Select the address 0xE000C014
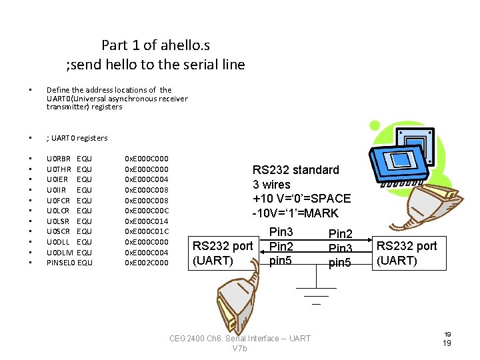(147, 221)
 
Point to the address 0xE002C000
(147, 263)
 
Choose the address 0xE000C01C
(147, 231)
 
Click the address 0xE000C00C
(147, 211)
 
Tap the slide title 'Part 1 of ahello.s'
(155, 45)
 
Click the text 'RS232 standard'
(295, 170)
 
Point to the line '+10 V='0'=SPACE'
(301, 199)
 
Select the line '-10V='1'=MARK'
(295, 213)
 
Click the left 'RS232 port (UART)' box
(223, 253)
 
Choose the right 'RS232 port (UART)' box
(407, 253)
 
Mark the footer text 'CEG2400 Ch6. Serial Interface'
(240, 339)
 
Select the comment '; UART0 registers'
(77, 138)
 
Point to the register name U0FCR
(59, 201)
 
